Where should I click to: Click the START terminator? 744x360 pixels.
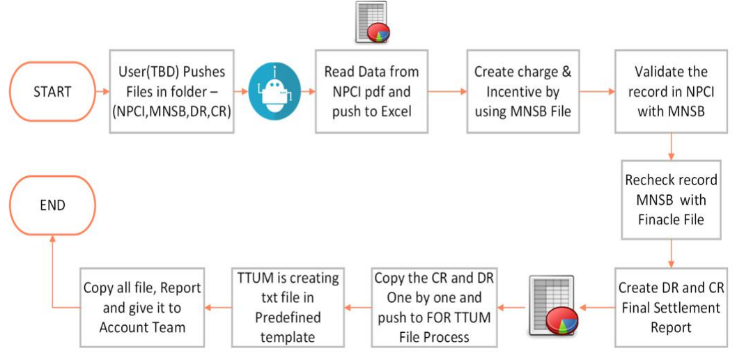click(52, 91)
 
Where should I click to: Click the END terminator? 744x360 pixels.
click(52, 205)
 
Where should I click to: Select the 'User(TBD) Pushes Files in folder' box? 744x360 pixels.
click(171, 91)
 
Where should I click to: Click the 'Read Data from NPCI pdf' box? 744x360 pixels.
click(371, 91)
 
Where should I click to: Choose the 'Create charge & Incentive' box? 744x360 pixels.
click(522, 91)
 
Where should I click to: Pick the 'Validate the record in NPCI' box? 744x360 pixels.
click(671, 91)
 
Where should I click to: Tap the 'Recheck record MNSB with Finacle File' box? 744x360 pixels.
click(671, 201)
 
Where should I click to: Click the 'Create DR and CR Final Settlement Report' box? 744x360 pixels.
click(671, 306)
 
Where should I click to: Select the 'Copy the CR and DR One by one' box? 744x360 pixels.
click(433, 307)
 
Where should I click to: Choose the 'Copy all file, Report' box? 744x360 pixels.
click(142, 307)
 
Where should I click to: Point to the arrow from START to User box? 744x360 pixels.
click(102, 91)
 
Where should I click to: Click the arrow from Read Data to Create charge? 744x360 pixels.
click(447, 91)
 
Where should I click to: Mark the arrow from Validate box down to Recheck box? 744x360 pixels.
click(671, 146)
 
